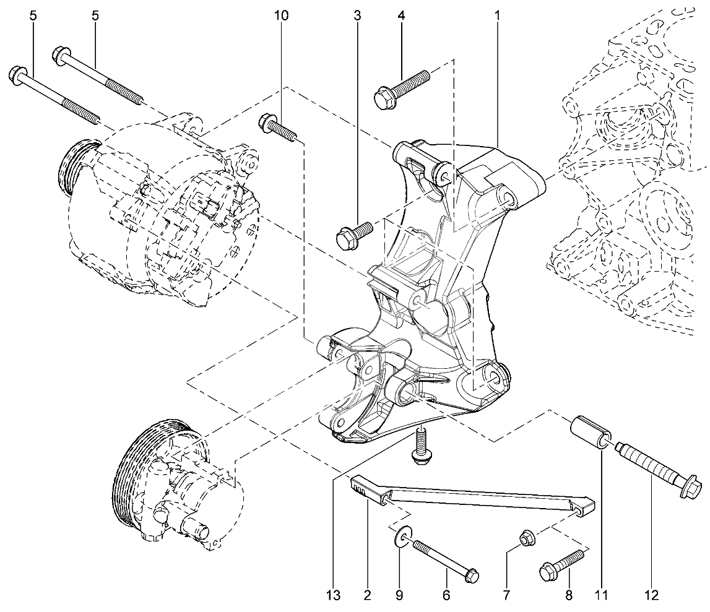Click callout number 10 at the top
[x=281, y=15]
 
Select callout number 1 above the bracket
[x=496, y=15]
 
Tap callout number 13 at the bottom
[x=333, y=595]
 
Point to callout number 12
[x=652, y=595]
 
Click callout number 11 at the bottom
[x=601, y=595]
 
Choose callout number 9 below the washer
[x=399, y=595]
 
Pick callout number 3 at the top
[x=357, y=15]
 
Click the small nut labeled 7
[x=526, y=538]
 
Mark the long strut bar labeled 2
[x=473, y=495]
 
